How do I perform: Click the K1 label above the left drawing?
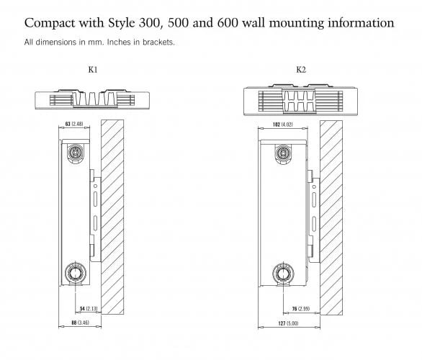[93, 70]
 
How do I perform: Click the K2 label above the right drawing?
[301, 70]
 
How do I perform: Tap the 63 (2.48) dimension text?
[74, 124]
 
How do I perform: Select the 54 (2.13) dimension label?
[89, 309]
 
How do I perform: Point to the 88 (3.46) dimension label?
[80, 323]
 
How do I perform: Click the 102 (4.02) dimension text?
[282, 125]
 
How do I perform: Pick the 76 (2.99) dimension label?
[301, 309]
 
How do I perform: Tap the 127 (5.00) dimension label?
[288, 323]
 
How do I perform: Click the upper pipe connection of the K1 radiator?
[76, 153]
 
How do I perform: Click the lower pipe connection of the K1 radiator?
[76, 273]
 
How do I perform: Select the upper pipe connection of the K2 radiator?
[283, 153]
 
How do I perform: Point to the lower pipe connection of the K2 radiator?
[283, 274]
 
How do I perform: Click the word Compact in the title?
[50, 23]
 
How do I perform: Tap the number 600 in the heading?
[228, 22]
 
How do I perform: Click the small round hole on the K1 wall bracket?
[95, 186]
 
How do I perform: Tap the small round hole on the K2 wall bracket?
[314, 186]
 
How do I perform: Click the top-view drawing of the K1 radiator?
[92, 99]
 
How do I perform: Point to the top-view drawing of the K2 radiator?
[300, 100]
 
